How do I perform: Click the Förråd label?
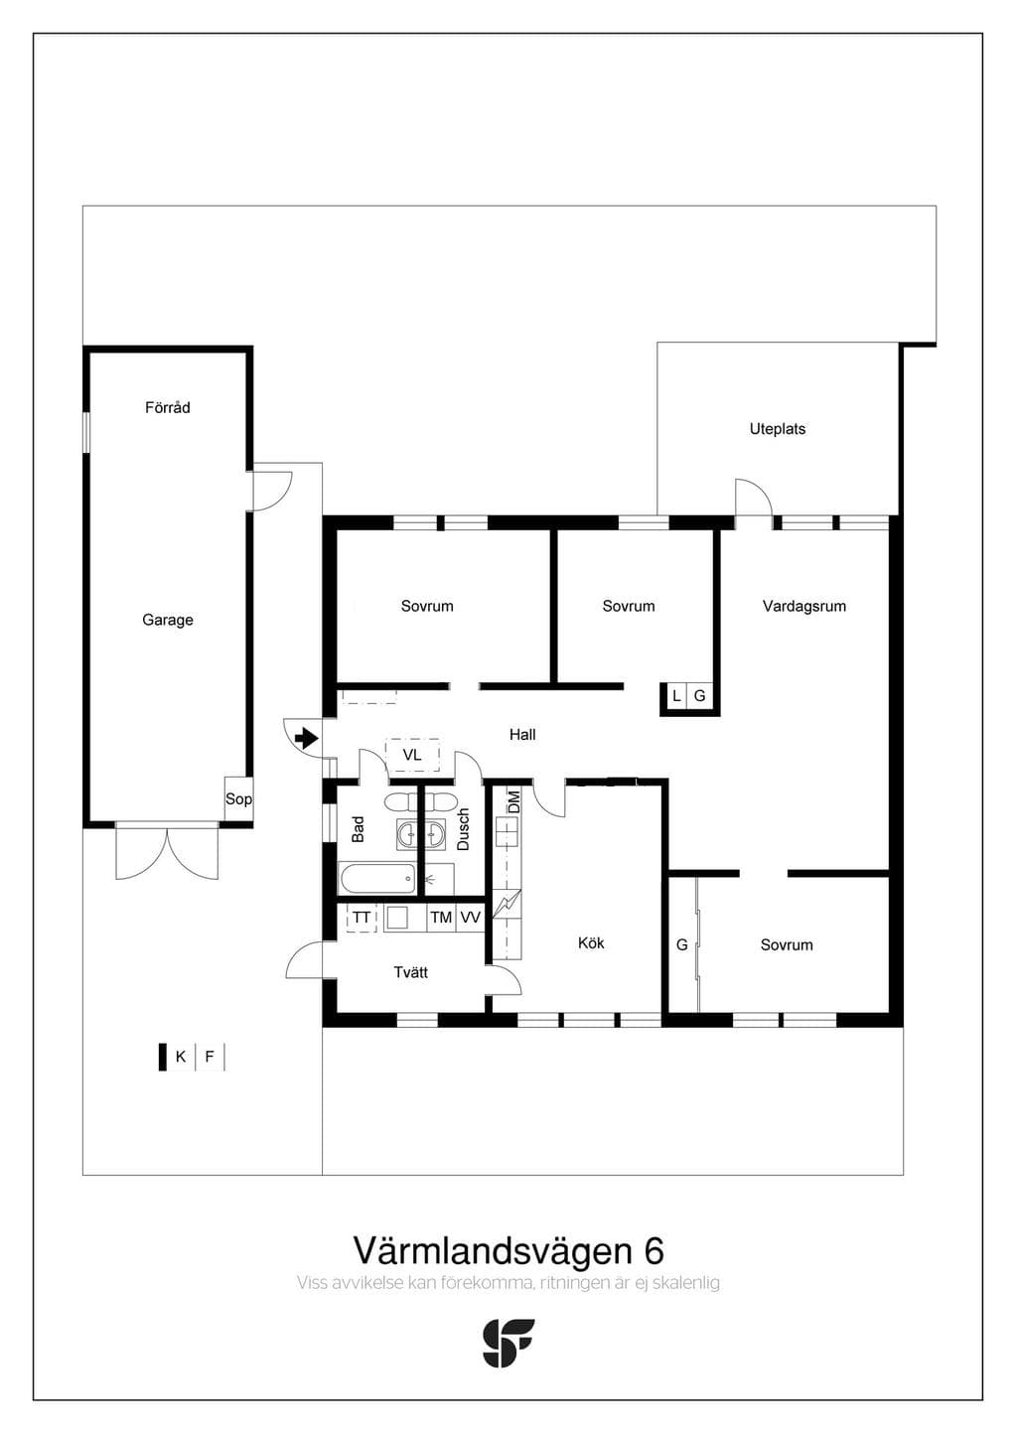168,407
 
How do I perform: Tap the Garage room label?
168,620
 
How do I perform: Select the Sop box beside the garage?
238,798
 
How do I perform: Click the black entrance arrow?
306,739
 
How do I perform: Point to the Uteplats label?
778,429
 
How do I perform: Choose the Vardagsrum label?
804,606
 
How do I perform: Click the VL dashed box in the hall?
412,755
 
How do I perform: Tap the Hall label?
522,735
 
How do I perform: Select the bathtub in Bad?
376,879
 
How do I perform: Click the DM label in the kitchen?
513,802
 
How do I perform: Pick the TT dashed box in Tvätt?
362,918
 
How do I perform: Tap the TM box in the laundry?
441,918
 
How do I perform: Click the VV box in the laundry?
470,918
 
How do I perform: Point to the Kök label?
591,943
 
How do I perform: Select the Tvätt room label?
411,972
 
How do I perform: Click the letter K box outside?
181,1057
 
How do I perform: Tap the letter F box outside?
210,1057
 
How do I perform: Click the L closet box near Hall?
676,696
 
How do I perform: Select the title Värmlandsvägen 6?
508,1250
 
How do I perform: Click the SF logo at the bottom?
508,1343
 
